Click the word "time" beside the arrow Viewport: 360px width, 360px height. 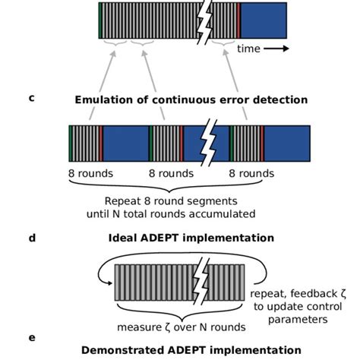click(248, 49)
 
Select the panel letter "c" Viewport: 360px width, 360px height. click(31, 97)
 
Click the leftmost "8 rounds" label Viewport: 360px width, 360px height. click(90, 173)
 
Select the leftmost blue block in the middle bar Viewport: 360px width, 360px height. click(125, 142)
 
